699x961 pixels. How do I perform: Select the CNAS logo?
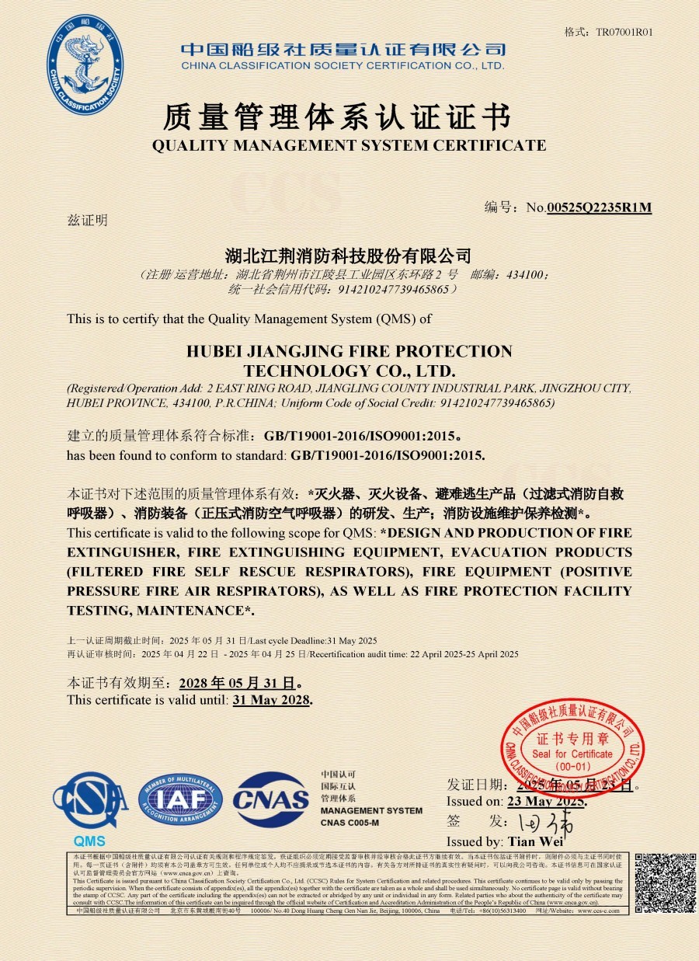click(x=271, y=799)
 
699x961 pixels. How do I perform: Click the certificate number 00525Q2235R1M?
click(x=599, y=207)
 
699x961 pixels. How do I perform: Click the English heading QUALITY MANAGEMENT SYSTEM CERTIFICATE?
click(x=349, y=145)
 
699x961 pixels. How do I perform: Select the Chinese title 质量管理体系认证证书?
click(x=337, y=117)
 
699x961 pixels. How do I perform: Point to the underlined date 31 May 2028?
click(x=271, y=700)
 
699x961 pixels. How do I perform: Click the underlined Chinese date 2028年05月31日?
click(x=237, y=684)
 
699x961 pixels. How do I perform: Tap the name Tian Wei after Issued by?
click(x=535, y=841)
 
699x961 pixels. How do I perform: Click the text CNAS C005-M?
click(x=349, y=822)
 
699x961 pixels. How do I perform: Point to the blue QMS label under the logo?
click(x=89, y=841)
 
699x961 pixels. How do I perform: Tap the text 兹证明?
click(x=87, y=220)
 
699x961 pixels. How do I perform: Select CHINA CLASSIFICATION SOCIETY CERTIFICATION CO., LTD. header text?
click(x=343, y=66)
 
